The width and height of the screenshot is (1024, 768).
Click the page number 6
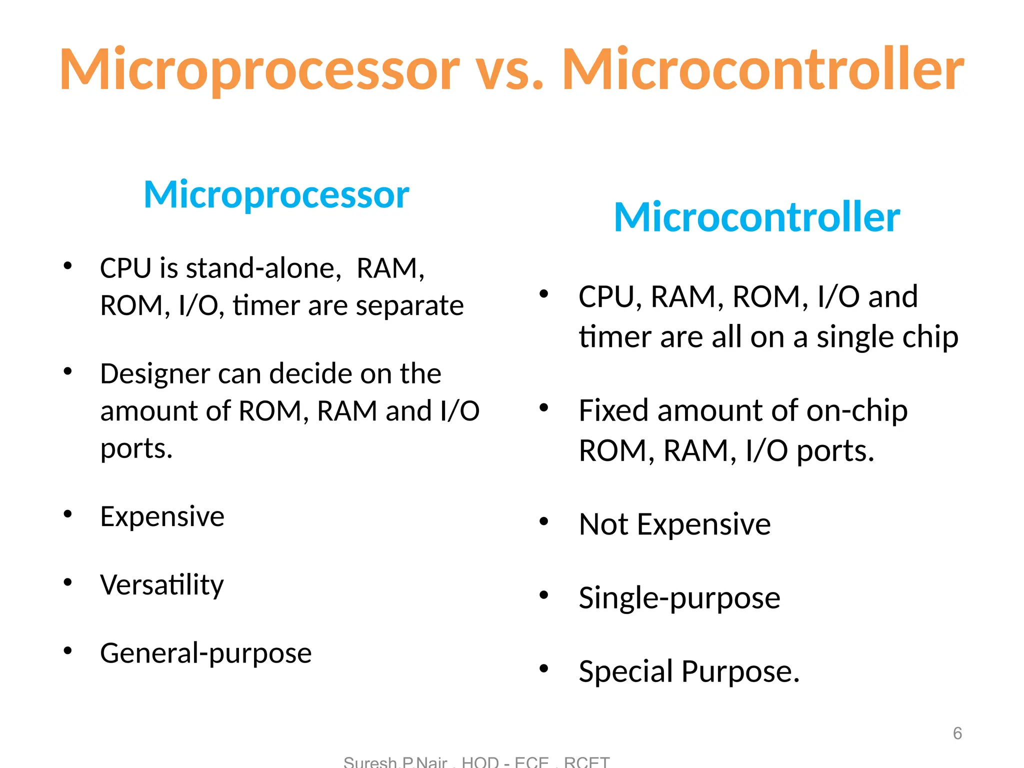[957, 733]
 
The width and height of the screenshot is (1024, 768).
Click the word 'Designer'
[154, 374]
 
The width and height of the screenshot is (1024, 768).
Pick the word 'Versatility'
[161, 584]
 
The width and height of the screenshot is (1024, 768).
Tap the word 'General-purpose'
[205, 653]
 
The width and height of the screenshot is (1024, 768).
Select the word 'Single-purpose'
[679, 597]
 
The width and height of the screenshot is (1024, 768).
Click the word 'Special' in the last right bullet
[625, 671]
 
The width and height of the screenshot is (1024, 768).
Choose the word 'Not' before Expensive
[603, 524]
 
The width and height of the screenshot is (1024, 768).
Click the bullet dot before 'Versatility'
[68, 582]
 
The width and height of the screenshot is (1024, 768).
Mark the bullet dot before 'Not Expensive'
[544, 522]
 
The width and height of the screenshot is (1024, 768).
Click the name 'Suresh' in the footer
[369, 762]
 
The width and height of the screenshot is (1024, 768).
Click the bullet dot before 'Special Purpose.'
[544, 668]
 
